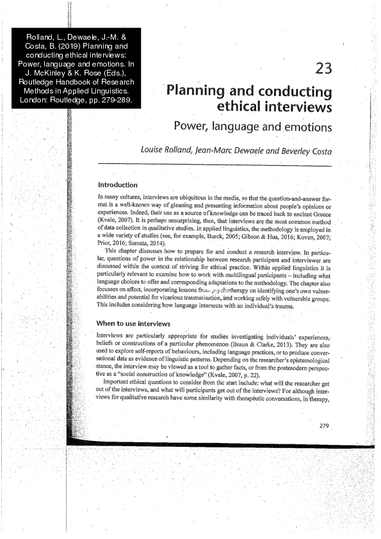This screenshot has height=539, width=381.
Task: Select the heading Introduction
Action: tap(117, 184)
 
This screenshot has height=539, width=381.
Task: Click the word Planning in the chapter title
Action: tap(195, 90)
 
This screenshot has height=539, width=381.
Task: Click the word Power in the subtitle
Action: tap(192, 126)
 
